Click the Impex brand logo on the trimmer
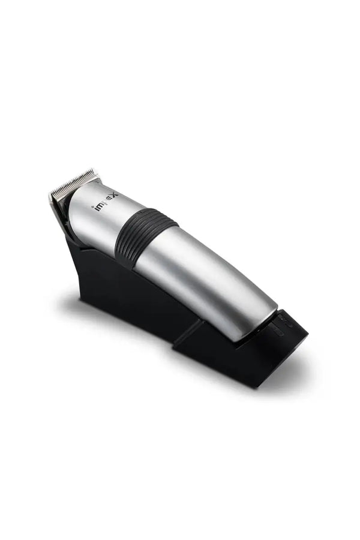pyautogui.click(x=106, y=205)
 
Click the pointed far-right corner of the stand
pyautogui.click(x=307, y=332)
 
